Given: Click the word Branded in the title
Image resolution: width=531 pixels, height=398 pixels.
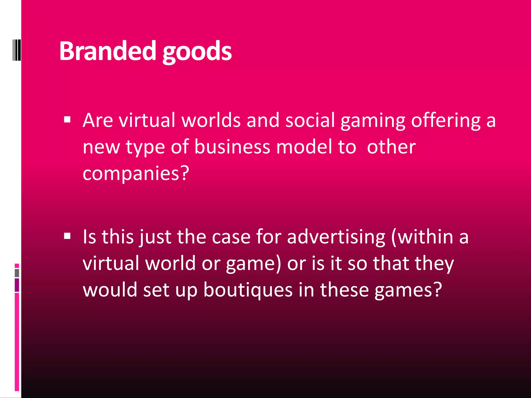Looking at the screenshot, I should [107, 51].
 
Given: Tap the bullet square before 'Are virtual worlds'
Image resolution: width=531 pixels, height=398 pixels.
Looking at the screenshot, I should [67, 119].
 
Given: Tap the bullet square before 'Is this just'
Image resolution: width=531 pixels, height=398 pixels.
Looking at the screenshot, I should [67, 236].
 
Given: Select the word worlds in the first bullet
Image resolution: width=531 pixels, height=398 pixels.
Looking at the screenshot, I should [211, 120].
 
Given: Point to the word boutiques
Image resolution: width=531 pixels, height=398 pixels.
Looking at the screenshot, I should [248, 290].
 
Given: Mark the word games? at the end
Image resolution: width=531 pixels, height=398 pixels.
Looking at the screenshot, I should [408, 290].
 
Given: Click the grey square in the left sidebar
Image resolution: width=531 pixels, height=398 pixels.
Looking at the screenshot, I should [17, 273].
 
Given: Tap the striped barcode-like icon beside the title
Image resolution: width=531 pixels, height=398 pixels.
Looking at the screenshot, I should [17, 50].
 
